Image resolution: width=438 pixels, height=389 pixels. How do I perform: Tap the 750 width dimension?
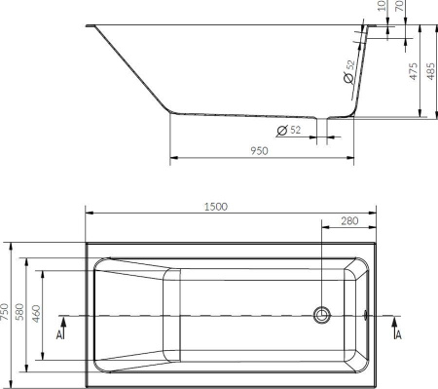pyautogui.click(x=7, y=311)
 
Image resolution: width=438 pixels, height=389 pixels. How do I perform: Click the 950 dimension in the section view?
pyautogui.click(x=258, y=151)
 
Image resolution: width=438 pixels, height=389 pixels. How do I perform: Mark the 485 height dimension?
pyautogui.click(x=431, y=72)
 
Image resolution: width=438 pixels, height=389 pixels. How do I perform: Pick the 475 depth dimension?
pyautogui.click(x=413, y=72)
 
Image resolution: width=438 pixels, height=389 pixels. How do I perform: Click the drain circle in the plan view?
pyautogui.click(x=321, y=315)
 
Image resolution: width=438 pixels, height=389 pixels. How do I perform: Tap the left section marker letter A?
pyautogui.click(x=60, y=334)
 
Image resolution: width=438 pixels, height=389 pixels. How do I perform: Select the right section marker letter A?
pyautogui.click(x=397, y=334)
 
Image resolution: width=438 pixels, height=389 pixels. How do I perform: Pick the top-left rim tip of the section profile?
pyautogui.click(x=89, y=26)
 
